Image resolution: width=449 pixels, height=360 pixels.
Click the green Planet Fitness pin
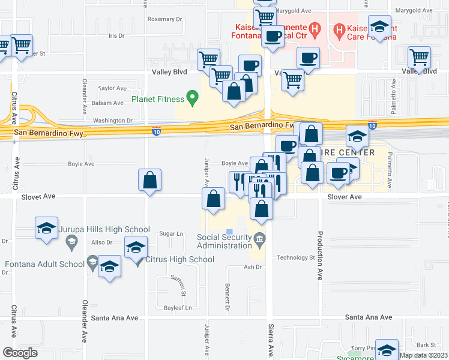(192, 97)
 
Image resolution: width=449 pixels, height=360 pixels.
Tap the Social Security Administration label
(224, 241)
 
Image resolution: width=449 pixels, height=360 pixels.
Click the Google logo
(20, 353)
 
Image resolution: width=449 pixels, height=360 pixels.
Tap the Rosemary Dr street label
(164, 19)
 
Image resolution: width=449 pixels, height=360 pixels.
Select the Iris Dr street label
(116, 36)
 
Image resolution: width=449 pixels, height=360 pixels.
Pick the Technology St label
(295, 257)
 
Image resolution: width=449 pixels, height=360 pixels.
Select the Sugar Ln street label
(170, 233)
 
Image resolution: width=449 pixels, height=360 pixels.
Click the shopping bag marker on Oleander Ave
(149, 181)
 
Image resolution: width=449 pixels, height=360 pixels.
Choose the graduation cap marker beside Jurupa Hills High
(46, 229)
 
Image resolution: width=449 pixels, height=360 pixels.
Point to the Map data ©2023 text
(423, 355)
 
